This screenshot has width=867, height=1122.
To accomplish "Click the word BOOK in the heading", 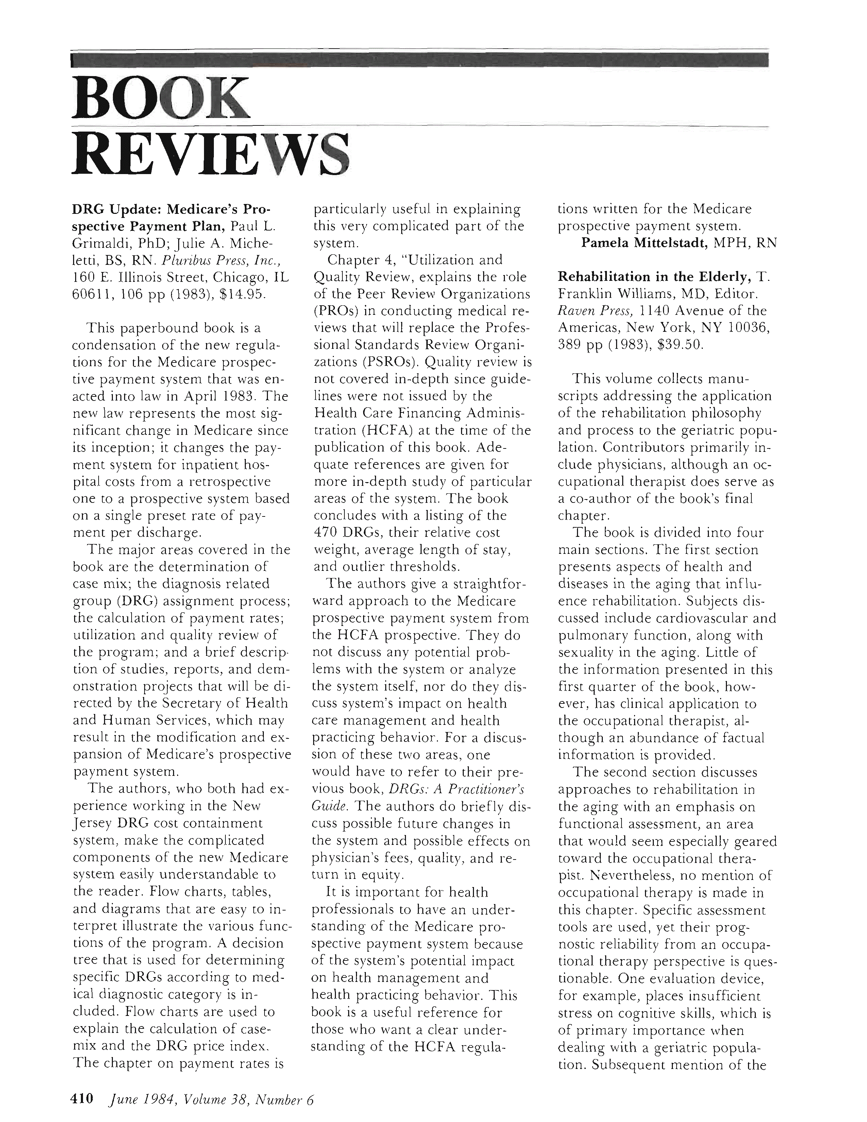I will [161, 99].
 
